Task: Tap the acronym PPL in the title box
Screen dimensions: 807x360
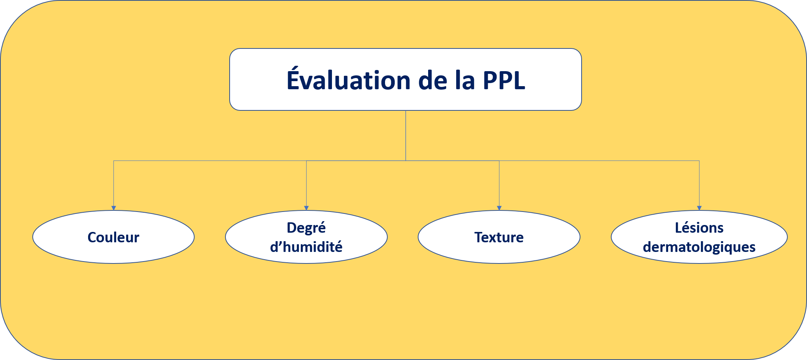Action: [504, 80]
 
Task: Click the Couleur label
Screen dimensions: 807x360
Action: [113, 237]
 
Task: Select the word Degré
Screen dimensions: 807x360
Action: [306, 227]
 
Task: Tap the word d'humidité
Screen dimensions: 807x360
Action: [306, 247]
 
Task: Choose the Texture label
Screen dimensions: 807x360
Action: [499, 237]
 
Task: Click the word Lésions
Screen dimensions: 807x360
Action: [699, 227]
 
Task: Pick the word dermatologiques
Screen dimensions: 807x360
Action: [699, 247]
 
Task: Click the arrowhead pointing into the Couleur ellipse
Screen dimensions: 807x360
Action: [113, 208]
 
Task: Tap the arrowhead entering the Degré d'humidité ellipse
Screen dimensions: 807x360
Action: [306, 208]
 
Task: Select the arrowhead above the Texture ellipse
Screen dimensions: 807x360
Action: [499, 208]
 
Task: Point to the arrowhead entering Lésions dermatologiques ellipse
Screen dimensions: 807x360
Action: [699, 208]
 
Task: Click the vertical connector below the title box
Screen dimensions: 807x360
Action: [406, 135]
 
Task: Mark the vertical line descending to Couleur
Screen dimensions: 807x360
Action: [113, 183]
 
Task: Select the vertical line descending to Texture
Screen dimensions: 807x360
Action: [499, 183]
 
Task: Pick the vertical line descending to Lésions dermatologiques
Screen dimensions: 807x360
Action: [699, 183]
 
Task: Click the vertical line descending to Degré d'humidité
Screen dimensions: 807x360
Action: [306, 183]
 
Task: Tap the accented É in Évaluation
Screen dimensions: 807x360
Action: [293, 79]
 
